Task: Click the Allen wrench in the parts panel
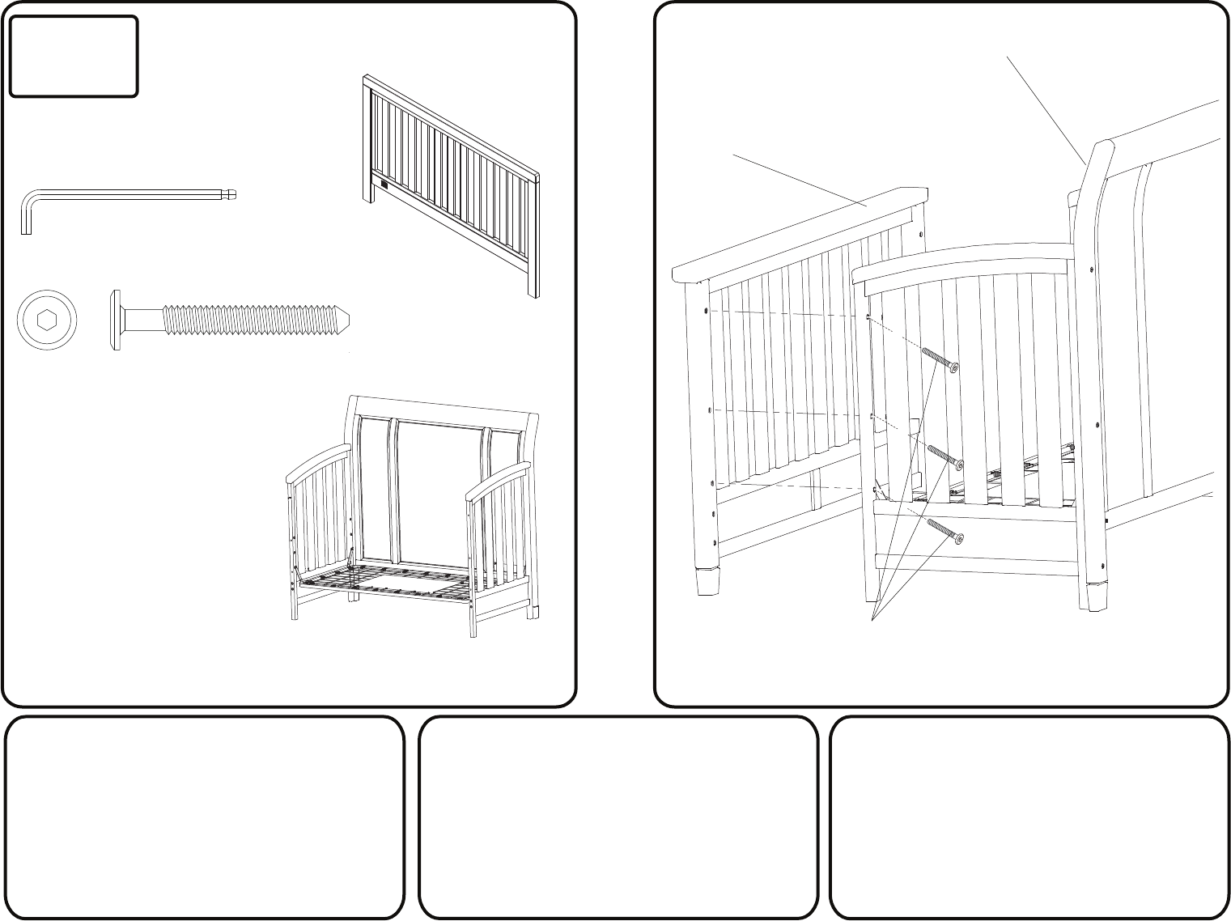(121, 194)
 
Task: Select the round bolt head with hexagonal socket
(49, 320)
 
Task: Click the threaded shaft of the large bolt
(251, 320)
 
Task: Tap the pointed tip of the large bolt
(346, 320)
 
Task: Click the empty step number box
(73, 57)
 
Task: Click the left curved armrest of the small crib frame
(320, 459)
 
